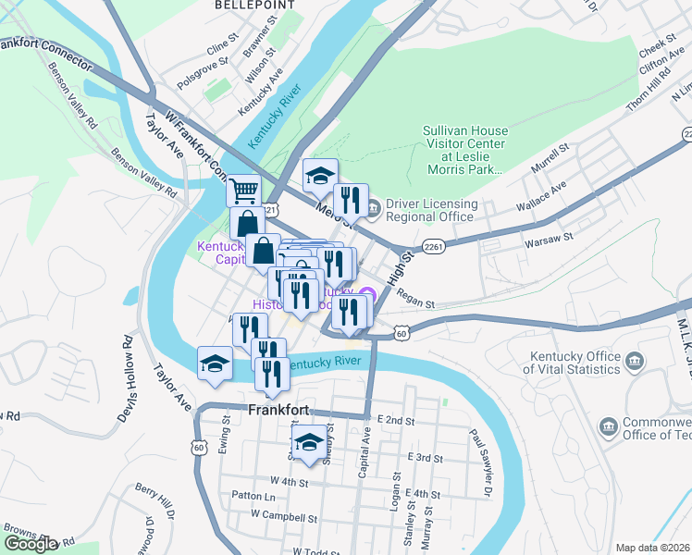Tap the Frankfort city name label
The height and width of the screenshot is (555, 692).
coord(278,409)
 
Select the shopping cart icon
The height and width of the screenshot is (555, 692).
coord(243,191)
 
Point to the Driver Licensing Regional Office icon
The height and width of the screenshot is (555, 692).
coord(374,211)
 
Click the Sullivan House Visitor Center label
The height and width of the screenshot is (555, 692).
coord(464,150)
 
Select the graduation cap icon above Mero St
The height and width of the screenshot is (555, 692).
coord(320,174)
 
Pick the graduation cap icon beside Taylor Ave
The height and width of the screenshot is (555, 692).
coord(215,362)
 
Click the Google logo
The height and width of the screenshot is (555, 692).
coord(31,544)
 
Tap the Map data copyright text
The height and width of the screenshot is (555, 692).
coord(652,548)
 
